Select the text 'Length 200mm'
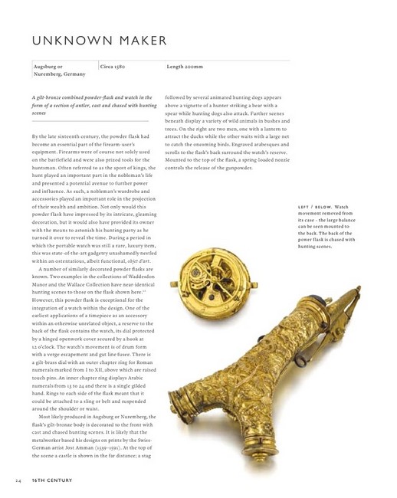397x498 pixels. click(186, 67)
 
